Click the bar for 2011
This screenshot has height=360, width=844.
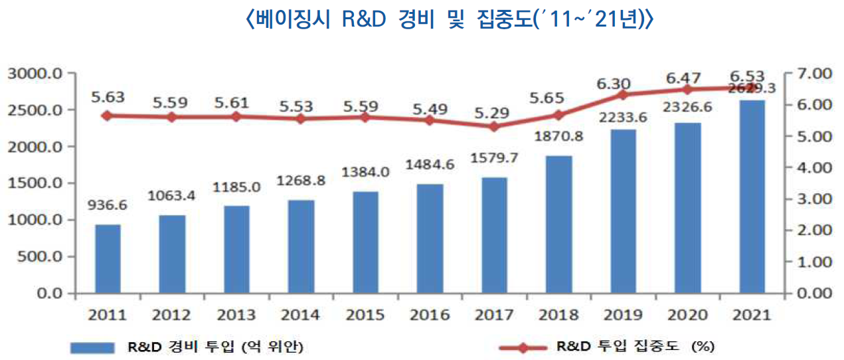[108, 258]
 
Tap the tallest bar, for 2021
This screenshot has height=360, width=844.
[752, 197]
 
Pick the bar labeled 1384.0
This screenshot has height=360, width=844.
[365, 242]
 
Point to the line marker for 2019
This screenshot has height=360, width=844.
[623, 95]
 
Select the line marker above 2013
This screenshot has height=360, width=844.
[236, 116]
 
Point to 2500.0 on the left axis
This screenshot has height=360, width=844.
[37, 110]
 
